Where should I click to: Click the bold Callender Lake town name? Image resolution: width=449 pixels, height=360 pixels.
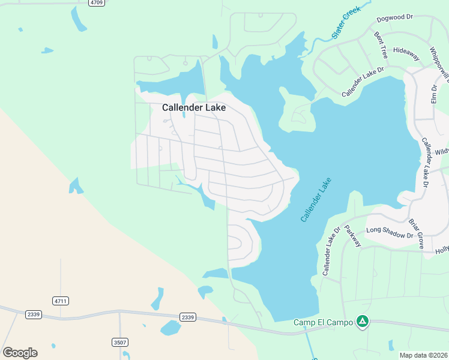pos(194,108)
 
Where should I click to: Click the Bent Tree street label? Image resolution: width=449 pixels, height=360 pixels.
pos(381,46)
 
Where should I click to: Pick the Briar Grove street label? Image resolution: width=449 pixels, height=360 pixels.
pos(416,233)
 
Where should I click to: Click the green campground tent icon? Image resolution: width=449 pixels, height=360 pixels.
pos(362,322)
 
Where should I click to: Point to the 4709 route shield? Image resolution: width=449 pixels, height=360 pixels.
pos(96,3)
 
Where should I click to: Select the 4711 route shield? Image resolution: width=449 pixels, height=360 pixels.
pos(61,301)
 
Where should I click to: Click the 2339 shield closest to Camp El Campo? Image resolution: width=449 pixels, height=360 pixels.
pos(188,317)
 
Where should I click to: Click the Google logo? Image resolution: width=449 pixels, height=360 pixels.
pos(20,353)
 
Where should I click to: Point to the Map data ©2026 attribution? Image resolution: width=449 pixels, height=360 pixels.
pos(423,355)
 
